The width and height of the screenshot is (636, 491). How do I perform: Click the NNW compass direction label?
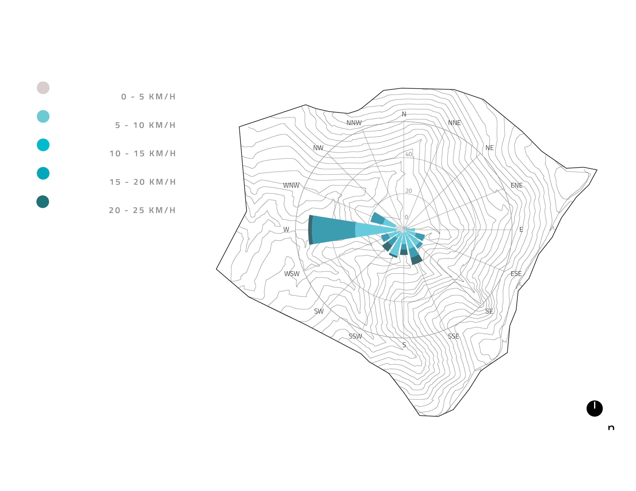tap(354, 123)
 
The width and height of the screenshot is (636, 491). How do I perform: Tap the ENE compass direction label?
tap(517, 185)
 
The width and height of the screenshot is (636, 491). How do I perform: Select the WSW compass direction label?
tap(292, 274)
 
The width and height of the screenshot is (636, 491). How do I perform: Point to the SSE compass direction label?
tap(453, 336)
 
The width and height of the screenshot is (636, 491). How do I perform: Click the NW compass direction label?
tap(318, 148)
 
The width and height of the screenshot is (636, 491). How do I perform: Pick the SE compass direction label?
tap(489, 311)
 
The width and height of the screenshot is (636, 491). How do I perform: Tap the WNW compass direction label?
tap(291, 185)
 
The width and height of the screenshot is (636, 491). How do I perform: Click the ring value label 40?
tap(409, 154)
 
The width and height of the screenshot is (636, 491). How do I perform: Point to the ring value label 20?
tap(409, 191)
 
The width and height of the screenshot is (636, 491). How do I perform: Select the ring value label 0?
tap(406, 217)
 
